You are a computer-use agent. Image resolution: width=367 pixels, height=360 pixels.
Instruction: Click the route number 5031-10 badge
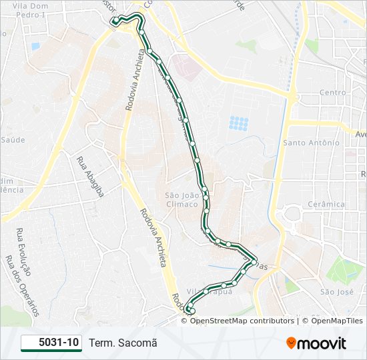tap(51, 343)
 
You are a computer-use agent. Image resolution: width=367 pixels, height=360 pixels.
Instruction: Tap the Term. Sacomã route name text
tap(123, 343)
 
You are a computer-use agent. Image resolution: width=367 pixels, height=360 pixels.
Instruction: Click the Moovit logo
tap(316, 343)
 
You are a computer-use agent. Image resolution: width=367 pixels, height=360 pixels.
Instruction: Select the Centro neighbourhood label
tap(332, 93)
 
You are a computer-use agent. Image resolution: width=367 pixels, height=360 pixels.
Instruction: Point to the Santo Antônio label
tap(312, 143)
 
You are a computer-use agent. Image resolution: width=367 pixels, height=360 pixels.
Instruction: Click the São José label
tap(336, 291)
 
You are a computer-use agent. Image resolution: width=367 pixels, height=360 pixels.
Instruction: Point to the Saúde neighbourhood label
tap(13, 139)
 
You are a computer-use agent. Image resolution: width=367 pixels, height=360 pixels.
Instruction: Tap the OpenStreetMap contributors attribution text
tap(242, 321)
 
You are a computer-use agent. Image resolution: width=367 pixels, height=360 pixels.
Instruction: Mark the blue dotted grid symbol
tap(238, 123)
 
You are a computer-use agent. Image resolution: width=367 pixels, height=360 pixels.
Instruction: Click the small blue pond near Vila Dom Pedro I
tap(35, 46)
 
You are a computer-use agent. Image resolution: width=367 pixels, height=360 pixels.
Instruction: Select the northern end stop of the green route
tap(115, 21)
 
